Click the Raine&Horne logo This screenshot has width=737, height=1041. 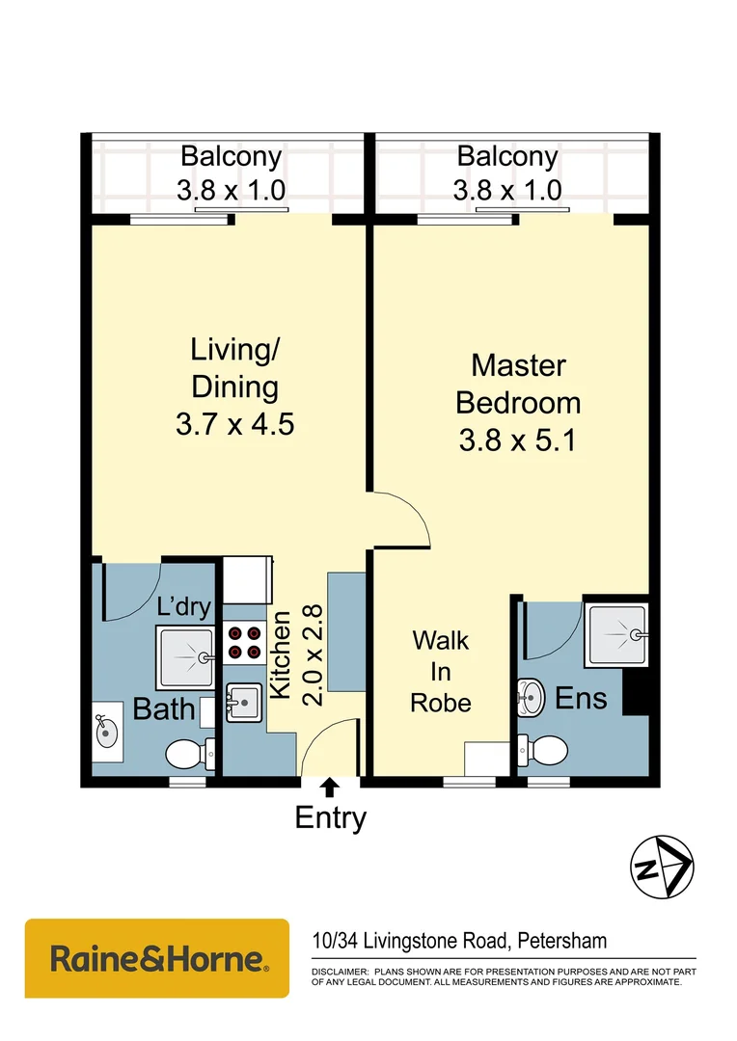click(157, 958)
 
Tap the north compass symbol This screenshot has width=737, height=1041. click(661, 866)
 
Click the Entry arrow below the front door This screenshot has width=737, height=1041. click(329, 788)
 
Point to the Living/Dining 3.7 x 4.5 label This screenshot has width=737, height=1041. click(234, 386)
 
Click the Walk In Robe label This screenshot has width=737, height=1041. click(441, 671)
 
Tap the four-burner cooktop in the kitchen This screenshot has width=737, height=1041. click(244, 643)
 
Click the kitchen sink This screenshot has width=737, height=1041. click(243, 702)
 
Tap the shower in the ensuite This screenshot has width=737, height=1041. click(616, 634)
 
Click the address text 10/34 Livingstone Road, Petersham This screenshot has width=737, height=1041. click(459, 940)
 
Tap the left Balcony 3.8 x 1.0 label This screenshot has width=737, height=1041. click(231, 173)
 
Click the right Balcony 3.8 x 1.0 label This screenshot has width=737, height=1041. click(507, 173)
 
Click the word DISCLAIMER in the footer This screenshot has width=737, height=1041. click(339, 972)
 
